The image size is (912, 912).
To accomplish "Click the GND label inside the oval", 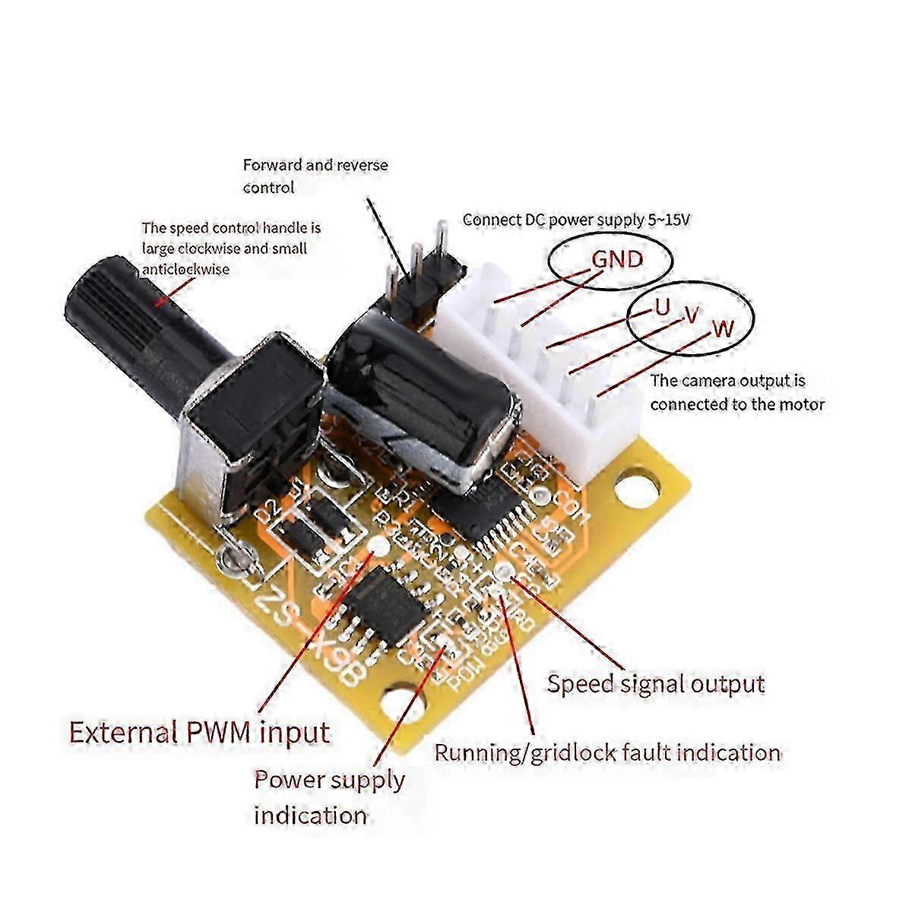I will point(617,260).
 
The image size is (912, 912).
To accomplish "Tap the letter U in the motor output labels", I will point(662,307).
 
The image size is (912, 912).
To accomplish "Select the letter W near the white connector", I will point(723,328).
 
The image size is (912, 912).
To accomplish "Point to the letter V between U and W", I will point(691,315).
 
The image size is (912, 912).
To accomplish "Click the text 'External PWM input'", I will point(200,733).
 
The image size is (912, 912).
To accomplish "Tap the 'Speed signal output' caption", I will point(656,683).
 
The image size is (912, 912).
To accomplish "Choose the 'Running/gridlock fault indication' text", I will point(607,752).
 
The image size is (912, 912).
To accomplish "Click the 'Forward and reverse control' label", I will point(315,176).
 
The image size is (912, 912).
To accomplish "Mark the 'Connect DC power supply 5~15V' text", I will point(577,220).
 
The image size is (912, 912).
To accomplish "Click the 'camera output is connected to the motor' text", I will point(736,392).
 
